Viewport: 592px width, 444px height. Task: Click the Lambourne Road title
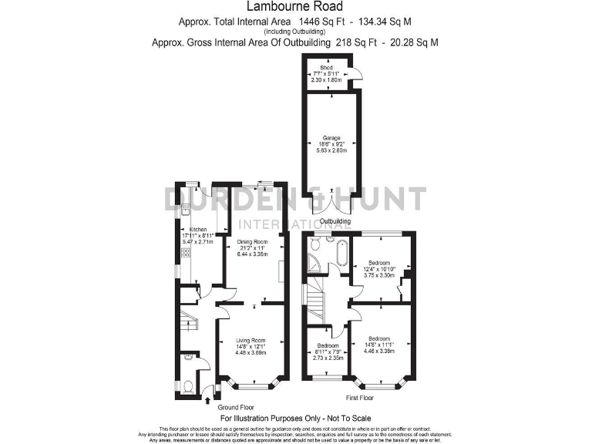pyautogui.click(x=296, y=8)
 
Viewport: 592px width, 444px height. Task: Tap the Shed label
pyautogui.click(x=328, y=68)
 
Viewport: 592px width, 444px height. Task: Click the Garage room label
pyautogui.click(x=331, y=140)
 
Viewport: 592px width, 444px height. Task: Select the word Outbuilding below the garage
pyautogui.click(x=335, y=221)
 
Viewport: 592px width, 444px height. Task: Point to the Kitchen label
pyautogui.click(x=198, y=230)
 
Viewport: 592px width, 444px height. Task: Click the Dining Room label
pyautogui.click(x=251, y=242)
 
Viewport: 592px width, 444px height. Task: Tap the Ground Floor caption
pyautogui.click(x=235, y=407)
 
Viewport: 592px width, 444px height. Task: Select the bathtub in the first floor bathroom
pyautogui.click(x=338, y=254)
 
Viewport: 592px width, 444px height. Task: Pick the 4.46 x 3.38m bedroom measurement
pyautogui.click(x=378, y=351)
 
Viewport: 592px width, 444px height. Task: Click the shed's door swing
pyautogui.click(x=357, y=73)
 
